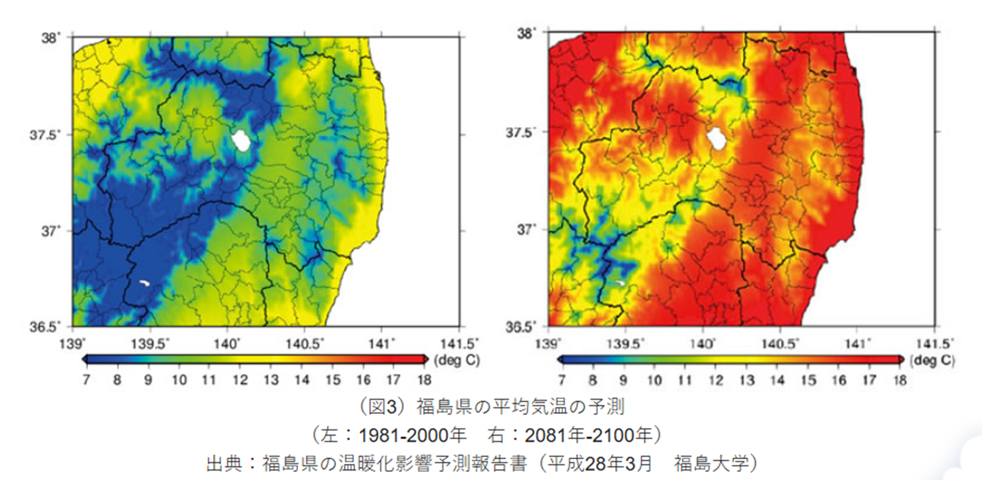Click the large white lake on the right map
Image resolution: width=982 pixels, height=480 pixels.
click(716, 140)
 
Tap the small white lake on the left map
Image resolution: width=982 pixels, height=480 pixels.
click(143, 282)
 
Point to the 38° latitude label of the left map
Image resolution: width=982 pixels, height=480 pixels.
click(53, 38)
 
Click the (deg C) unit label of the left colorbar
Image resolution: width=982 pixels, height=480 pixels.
click(457, 360)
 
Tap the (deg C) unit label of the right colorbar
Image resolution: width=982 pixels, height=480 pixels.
click(933, 360)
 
